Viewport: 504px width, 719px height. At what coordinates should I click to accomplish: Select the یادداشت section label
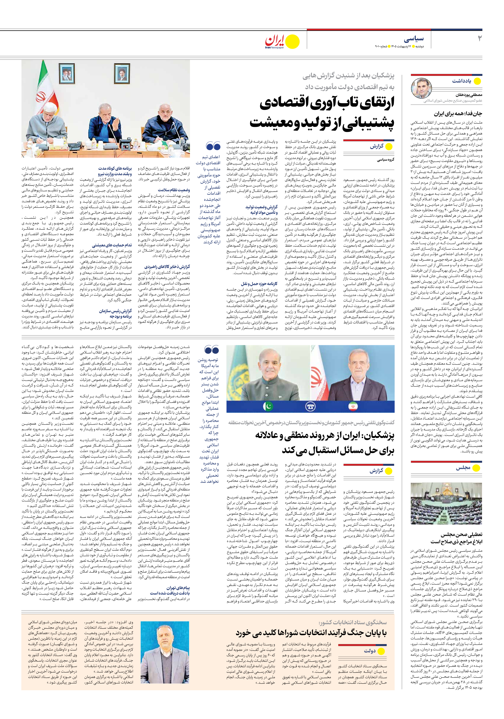(x=461, y=81)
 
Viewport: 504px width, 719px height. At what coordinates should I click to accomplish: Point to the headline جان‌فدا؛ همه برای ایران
(x=458, y=114)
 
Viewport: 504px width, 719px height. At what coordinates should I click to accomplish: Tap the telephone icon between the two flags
(x=310, y=407)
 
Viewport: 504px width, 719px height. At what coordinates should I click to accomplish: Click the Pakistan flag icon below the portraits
(x=268, y=407)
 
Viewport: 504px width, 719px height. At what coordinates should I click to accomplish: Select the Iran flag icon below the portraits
(x=353, y=407)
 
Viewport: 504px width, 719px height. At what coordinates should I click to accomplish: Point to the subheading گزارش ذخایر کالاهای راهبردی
(x=167, y=267)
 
